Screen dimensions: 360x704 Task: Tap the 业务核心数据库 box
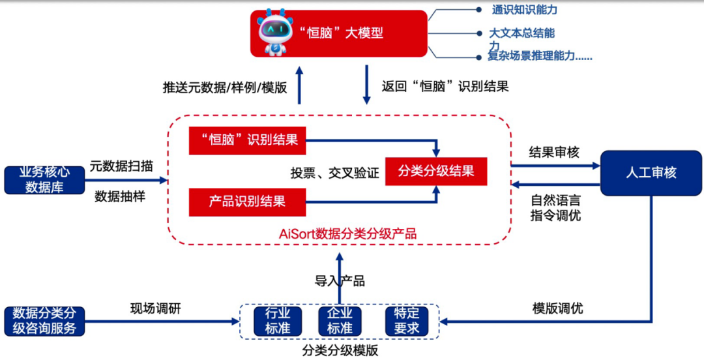[44, 180]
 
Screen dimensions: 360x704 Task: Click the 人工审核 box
[651, 173]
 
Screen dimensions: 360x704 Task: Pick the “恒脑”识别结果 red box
[247, 140]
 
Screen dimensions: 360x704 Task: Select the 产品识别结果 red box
[247, 202]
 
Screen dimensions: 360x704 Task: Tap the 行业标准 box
[278, 320]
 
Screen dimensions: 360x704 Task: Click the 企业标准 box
[340, 320]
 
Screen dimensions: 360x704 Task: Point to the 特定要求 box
[406, 320]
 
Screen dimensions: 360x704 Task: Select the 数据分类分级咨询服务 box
[44, 320]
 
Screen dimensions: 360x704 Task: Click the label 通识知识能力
[525, 10]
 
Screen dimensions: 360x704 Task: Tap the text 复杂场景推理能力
[540, 56]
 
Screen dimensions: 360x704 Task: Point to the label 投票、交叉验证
[334, 173]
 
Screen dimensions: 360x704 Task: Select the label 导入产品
[340, 281]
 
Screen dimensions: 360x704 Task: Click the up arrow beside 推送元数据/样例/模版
[299, 84]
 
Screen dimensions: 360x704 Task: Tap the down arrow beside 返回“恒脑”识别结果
[366, 84]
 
